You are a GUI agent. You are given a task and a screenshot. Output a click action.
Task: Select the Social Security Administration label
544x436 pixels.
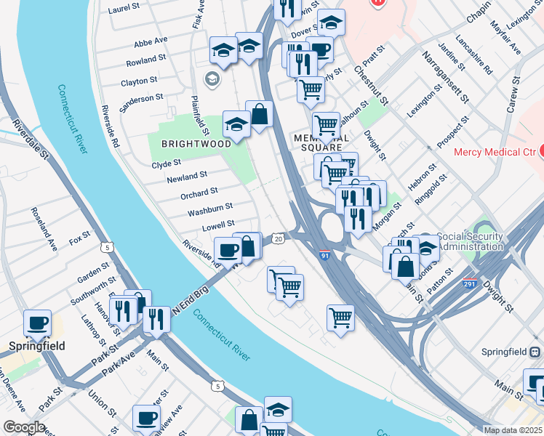pyautogui.click(x=471, y=241)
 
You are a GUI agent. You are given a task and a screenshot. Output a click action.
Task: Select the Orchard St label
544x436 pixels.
pyautogui.click(x=199, y=193)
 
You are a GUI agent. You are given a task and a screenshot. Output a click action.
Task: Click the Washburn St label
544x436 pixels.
pyautogui.click(x=209, y=209)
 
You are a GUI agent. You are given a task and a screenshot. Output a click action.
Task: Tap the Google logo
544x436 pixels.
pyautogui.click(x=24, y=427)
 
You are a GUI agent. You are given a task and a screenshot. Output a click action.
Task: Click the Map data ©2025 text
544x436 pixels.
pyautogui.click(x=512, y=430)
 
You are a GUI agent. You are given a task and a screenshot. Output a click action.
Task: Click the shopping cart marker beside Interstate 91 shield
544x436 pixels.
pyautogui.click(x=340, y=317)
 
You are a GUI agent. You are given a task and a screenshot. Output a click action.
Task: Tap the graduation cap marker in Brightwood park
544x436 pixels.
pyautogui.click(x=236, y=124)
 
